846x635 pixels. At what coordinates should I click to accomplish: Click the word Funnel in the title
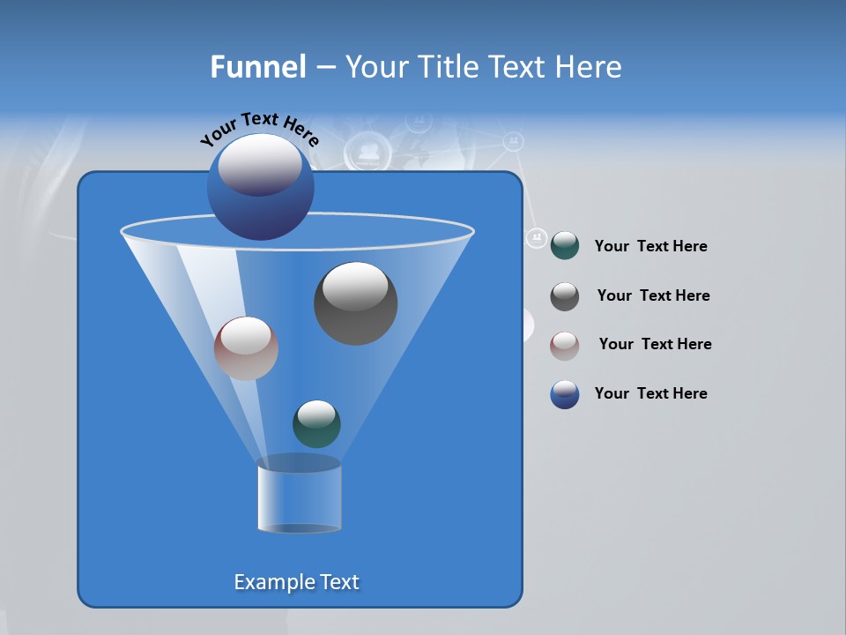click(257, 67)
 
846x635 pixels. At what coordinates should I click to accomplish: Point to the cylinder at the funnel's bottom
click(299, 498)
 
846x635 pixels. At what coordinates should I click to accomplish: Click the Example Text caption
click(297, 582)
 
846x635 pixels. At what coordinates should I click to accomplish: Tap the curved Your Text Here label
click(259, 128)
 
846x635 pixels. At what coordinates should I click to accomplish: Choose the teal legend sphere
click(565, 246)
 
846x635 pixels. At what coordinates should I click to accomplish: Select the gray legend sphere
click(565, 296)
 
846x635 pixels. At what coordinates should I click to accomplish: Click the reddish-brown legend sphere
click(565, 346)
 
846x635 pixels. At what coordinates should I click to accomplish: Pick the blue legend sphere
click(565, 394)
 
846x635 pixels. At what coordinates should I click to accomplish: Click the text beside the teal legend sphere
click(650, 247)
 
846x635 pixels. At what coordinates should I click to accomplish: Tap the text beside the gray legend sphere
click(653, 296)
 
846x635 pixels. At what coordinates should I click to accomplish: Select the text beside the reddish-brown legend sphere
click(655, 345)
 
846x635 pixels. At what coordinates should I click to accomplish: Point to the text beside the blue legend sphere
click(650, 394)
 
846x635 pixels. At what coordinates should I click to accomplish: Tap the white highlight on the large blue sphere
click(260, 163)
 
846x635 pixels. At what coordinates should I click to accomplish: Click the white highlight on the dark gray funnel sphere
click(355, 287)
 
